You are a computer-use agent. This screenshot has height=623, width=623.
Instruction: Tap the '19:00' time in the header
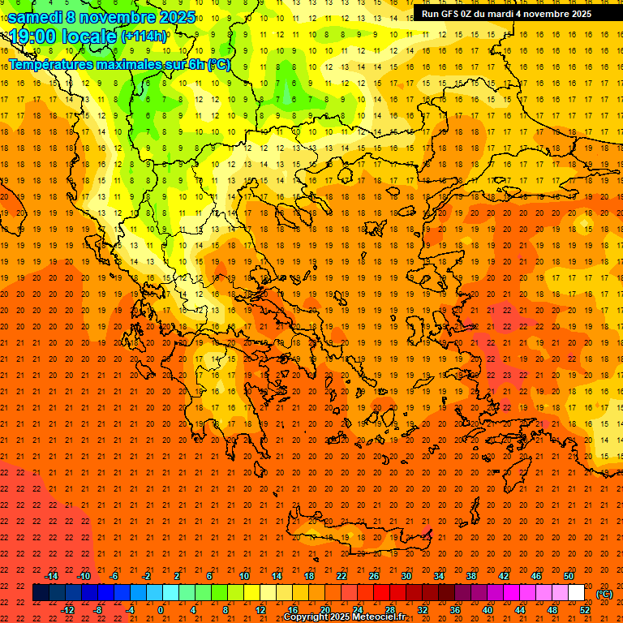coord(32,37)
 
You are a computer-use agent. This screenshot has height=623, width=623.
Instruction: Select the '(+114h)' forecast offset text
coord(144,37)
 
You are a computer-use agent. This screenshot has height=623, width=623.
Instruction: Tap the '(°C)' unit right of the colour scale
coord(604,594)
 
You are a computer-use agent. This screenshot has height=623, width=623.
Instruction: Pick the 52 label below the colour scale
coord(585,610)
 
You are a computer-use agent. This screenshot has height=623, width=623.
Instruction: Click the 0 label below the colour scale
coord(160,610)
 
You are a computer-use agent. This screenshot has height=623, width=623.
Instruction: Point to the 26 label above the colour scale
coord(374,576)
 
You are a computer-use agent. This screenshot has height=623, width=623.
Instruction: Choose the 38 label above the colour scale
coord(471,576)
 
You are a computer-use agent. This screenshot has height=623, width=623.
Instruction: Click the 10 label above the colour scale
coord(244,576)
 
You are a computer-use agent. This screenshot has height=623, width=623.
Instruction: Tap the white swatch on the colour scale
coord(576,593)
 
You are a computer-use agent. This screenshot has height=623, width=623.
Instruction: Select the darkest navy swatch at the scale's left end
coord(41,593)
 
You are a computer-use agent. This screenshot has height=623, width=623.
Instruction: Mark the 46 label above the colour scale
coord(536,576)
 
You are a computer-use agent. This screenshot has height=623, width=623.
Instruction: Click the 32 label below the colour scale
coord(423,610)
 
